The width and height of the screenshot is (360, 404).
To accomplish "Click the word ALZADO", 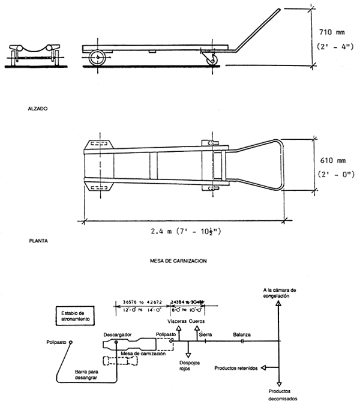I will point(37,110).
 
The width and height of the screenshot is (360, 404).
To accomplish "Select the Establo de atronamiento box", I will point(75,316).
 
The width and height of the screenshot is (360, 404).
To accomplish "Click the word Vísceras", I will point(177,321).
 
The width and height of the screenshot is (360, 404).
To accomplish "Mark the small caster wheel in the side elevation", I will point(212,61).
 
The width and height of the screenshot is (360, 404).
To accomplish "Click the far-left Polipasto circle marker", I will point(71,342).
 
